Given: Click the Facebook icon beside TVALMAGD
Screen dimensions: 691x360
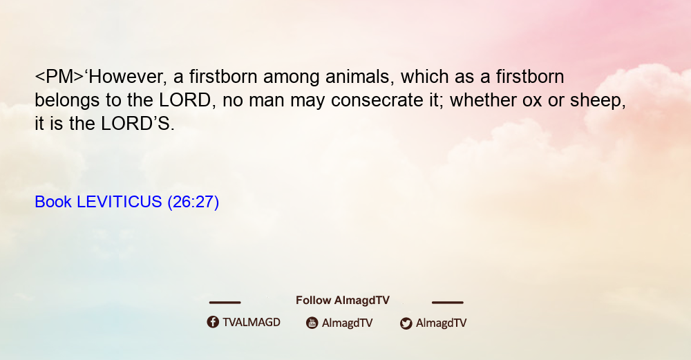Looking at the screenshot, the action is [213, 322].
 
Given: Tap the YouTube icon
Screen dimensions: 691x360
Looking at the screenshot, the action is [312, 323].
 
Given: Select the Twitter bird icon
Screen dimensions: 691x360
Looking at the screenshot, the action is [406, 323].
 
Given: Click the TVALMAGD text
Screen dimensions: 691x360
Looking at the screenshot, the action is [252, 322].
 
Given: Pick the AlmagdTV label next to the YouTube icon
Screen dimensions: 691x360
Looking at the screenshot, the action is [348, 323].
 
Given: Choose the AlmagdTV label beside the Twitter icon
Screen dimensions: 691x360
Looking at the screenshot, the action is [441, 323].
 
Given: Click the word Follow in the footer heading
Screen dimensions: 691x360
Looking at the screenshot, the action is [313, 300].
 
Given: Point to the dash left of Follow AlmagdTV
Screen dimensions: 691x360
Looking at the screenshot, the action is [225, 302].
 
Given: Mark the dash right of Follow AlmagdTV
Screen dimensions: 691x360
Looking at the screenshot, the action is [448, 302].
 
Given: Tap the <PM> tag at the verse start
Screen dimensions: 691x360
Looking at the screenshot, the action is [59, 77].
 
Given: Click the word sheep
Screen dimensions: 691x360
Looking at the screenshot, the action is [598, 101].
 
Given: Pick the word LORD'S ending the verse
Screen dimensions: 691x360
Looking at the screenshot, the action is [138, 124].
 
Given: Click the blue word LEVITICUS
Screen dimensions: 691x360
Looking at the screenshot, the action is [119, 202].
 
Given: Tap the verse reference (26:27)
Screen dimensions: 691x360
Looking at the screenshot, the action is [193, 202].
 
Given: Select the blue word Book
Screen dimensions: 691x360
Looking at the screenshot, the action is [53, 202].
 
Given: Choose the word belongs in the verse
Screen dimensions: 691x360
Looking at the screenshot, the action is [68, 101].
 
